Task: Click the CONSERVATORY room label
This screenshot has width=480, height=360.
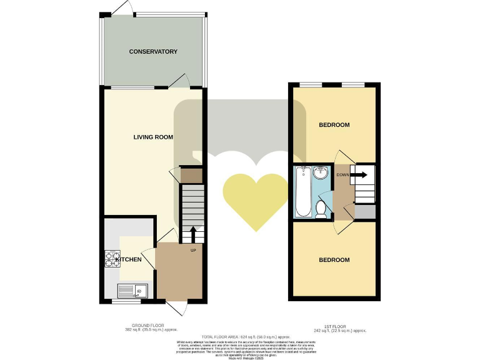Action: (153, 52)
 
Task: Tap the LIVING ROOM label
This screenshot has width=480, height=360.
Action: (153, 137)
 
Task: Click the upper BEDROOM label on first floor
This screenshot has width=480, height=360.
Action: (334, 125)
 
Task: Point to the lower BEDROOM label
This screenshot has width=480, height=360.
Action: (334, 259)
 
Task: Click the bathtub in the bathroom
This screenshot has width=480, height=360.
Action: (303, 192)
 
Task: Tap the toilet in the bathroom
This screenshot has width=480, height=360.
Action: (321, 208)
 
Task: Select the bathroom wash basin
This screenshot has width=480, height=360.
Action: (321, 172)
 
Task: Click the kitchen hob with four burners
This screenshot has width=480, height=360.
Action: (112, 259)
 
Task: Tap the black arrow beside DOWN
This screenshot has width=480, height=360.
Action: (360, 175)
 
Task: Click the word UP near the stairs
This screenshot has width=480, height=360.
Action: (194, 251)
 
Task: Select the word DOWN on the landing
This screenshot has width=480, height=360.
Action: (342, 175)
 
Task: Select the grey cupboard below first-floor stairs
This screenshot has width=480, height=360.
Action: (365, 212)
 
